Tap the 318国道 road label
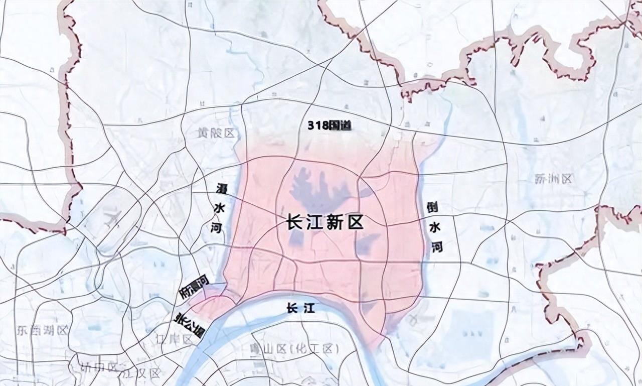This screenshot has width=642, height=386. click(329, 125)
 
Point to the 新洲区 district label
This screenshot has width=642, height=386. click(553, 179)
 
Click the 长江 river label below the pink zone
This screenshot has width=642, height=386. click(301, 309)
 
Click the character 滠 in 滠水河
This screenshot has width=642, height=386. click(221, 190)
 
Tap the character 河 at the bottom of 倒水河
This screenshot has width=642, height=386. click(437, 246)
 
